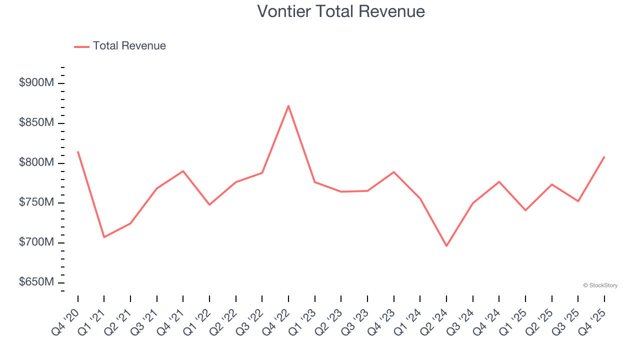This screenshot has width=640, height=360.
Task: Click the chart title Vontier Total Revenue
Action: click(341, 11)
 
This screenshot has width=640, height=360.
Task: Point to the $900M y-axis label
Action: click(36, 83)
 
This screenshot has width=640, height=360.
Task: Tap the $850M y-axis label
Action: click(36, 123)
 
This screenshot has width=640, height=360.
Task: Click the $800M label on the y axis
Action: click(36, 163)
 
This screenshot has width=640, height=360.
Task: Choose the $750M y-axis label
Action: click(36, 202)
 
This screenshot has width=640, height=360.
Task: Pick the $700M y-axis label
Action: click(36, 242)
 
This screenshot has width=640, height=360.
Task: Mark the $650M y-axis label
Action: click(36, 282)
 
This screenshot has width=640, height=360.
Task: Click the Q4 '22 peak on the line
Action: click(288, 105)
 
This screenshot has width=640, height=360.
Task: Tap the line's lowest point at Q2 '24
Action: click(446, 246)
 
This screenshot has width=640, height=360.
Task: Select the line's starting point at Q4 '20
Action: click(78, 151)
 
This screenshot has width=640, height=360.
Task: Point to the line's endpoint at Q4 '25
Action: click(604, 157)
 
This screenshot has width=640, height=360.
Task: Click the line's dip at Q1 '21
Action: click(104, 237)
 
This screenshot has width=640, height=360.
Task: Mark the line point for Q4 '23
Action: click(394, 172)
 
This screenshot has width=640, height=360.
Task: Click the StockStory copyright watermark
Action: click(600, 285)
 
